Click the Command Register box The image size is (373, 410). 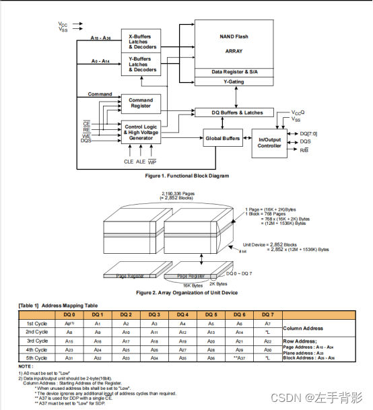pyautogui.click(x=141, y=103)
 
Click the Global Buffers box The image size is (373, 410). pyautogui.click(x=222, y=138)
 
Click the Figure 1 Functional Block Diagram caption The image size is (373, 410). pyautogui.click(x=187, y=176)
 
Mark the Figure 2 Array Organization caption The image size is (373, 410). pyautogui.click(x=187, y=292)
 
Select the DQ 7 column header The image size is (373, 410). pyautogui.click(x=268, y=314)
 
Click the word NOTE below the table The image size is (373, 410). pyautogui.click(x=26, y=366)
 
